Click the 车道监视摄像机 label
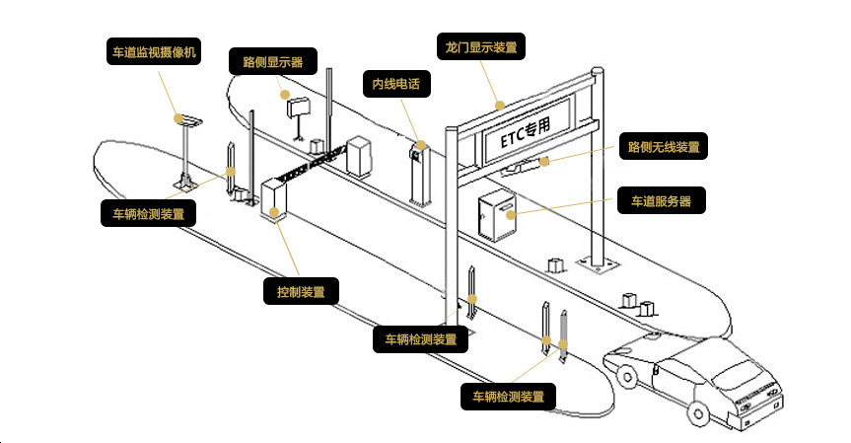tap(153, 51)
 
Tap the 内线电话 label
tap(396, 84)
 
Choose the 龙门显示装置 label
tap(480, 46)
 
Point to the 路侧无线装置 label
tap(664, 148)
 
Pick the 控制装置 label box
tap(302, 292)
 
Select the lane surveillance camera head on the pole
tap(186, 120)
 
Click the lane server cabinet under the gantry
tap(495, 216)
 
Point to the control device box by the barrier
tap(273, 196)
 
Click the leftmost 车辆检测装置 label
tap(148, 213)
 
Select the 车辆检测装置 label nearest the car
tap(508, 397)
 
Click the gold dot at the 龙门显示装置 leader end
tap(500, 103)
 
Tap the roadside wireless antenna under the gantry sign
tap(522, 167)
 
